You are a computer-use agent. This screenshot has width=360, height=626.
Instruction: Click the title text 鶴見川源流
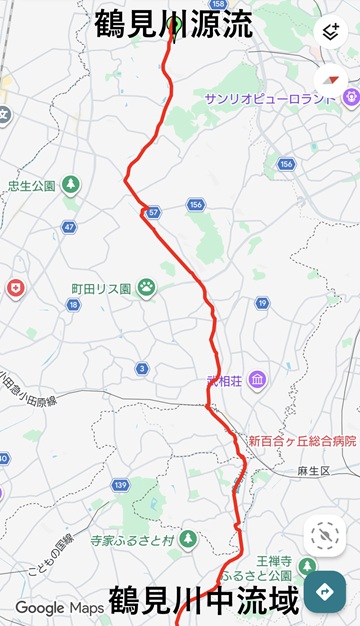174,24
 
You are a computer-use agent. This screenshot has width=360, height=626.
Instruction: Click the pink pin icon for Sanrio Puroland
350,97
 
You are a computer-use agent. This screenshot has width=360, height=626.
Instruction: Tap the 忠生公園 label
31,185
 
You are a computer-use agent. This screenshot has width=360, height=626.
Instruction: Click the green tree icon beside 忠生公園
70,185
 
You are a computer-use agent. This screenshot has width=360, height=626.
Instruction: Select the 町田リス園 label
101,288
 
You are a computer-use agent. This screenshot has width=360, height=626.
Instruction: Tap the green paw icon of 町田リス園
146,288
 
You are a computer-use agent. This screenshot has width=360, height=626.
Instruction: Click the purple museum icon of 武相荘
257,381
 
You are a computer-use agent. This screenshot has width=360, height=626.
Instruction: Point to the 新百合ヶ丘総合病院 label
302,440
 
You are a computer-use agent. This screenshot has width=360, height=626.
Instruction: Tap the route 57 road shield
152,213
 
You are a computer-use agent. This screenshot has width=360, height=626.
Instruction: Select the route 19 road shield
262,302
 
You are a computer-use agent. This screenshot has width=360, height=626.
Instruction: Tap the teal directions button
324,591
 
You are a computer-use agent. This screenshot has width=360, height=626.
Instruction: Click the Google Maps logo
51,608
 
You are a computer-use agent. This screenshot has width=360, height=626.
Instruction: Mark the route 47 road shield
69,227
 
